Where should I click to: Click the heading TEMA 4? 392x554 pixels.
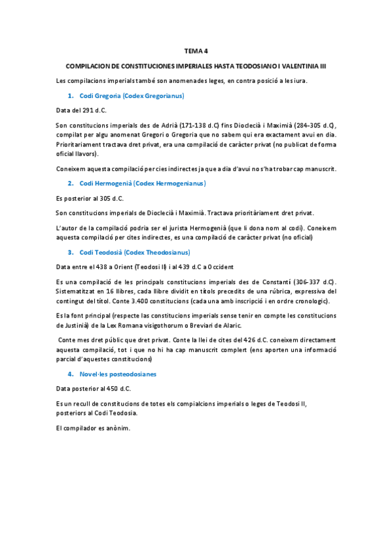pyautogui.click(x=196, y=51)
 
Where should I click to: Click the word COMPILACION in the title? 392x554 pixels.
pyautogui.click(x=89, y=67)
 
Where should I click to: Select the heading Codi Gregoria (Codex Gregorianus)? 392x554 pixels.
pyautogui.click(x=131, y=96)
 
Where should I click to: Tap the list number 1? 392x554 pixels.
pyautogui.click(x=71, y=96)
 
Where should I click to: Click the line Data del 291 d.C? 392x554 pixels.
pyautogui.click(x=81, y=110)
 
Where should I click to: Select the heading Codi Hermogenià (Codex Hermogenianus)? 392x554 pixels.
pyautogui.click(x=142, y=184)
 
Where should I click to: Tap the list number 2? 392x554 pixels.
pyautogui.click(x=71, y=184)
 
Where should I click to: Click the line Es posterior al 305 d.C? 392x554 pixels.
pyautogui.click(x=90, y=198)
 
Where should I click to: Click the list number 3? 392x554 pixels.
pyautogui.click(x=71, y=252)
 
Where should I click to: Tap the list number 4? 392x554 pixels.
pyautogui.click(x=71, y=374)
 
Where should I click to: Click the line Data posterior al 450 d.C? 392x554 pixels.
pyautogui.click(x=94, y=388)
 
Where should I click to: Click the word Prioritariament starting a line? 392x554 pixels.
pyautogui.click(x=80, y=144)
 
